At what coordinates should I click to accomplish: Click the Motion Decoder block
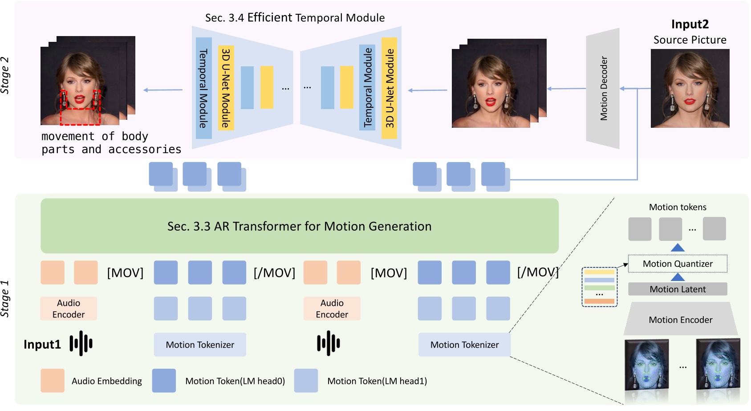click(603, 89)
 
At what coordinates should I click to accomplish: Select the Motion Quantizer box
click(677, 264)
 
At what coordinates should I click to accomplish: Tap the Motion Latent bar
click(677, 289)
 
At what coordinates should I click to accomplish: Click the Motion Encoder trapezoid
click(680, 320)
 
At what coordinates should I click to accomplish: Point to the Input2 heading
click(690, 24)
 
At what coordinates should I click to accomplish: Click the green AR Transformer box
click(299, 226)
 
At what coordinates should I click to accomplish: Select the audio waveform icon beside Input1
click(81, 343)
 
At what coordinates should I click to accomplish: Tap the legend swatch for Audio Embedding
click(53, 380)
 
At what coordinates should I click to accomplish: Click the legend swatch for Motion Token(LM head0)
click(164, 380)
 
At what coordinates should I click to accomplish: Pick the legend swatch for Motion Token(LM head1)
click(306, 380)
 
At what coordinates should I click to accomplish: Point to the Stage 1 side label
click(5, 298)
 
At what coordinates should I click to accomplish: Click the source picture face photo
click(690, 88)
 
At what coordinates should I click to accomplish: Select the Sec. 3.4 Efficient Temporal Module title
click(295, 18)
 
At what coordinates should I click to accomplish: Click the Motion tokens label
click(677, 207)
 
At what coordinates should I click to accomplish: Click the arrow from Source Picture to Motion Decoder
click(635, 89)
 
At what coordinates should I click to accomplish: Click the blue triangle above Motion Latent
click(677, 277)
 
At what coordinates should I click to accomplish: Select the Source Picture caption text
click(690, 40)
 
